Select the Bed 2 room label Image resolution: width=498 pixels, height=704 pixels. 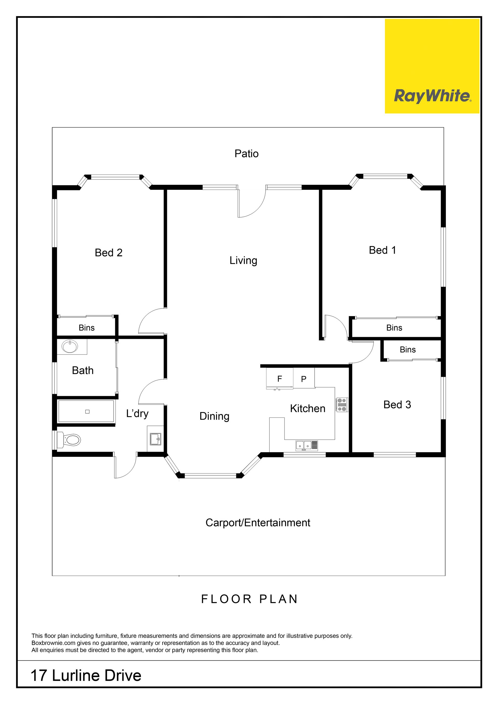(x=109, y=253)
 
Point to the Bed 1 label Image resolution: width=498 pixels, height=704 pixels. (x=382, y=250)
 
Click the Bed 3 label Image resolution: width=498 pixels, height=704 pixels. (x=397, y=405)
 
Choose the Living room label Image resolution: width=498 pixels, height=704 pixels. (x=244, y=261)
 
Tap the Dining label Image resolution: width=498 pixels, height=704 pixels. (x=214, y=416)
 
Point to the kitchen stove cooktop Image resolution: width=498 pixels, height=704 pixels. (x=342, y=405)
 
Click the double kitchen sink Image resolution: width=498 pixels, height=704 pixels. (x=307, y=445)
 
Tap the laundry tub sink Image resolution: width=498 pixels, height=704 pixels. (x=155, y=439)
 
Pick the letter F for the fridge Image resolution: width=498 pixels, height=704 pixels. (x=280, y=379)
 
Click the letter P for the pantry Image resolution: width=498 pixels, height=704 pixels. (x=303, y=379)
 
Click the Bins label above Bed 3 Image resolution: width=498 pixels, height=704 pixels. (x=407, y=350)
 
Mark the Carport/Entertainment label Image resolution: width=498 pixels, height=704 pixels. (x=258, y=523)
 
